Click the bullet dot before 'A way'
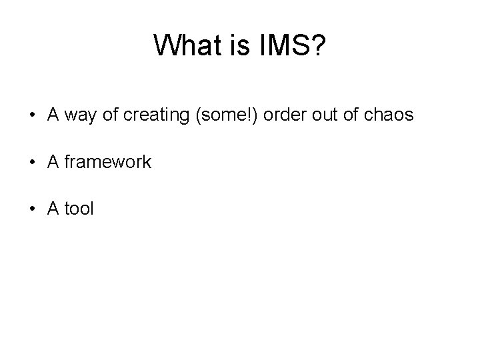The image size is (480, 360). click(x=32, y=115)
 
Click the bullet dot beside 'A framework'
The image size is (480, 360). click(x=32, y=162)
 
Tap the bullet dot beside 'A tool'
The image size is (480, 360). click(x=32, y=209)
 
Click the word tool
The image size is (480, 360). click(x=80, y=209)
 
